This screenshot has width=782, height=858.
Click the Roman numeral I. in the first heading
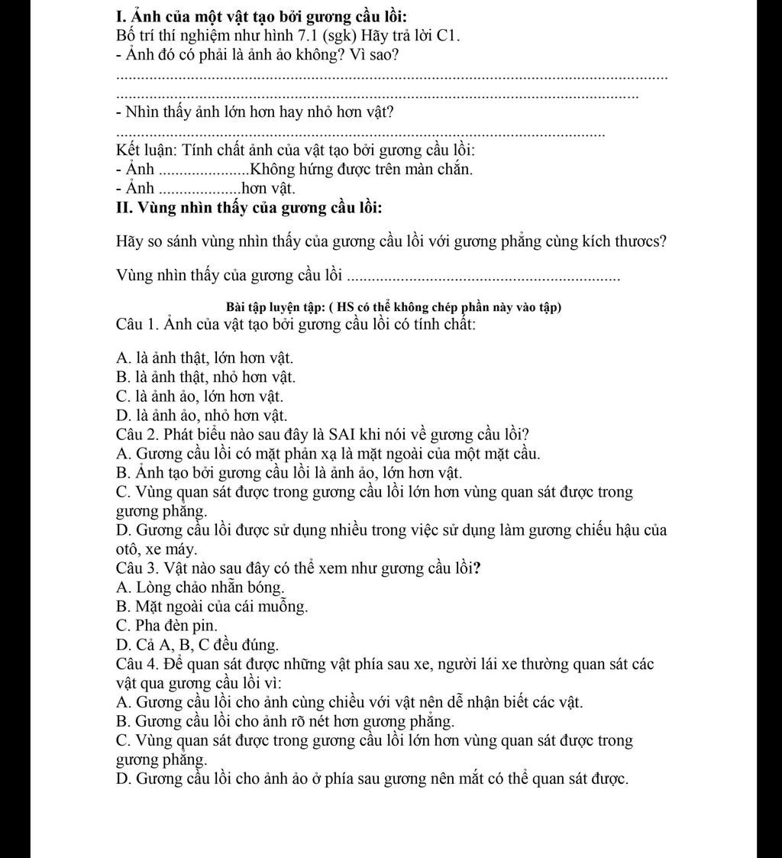pyautogui.click(x=121, y=16)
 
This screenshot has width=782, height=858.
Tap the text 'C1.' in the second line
pyautogui.click(x=448, y=36)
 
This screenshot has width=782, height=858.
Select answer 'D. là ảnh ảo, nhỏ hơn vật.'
pyautogui.click(x=202, y=416)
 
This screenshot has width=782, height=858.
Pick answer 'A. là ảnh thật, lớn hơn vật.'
pyautogui.click(x=205, y=358)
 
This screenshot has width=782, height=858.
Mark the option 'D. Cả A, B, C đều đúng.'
pyautogui.click(x=198, y=645)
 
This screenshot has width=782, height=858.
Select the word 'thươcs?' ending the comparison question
pyautogui.click(x=641, y=242)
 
